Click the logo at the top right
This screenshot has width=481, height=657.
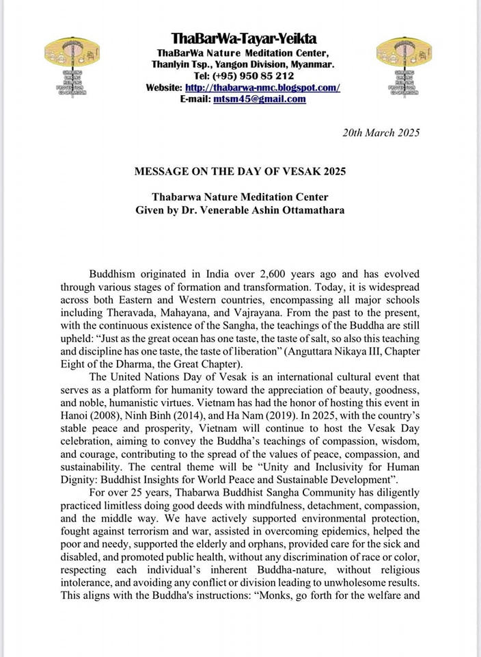(405, 68)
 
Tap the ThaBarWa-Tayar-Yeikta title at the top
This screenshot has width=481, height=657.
(243, 38)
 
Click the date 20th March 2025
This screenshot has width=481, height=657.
(381, 132)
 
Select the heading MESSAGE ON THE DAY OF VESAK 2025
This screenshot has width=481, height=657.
(240, 172)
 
